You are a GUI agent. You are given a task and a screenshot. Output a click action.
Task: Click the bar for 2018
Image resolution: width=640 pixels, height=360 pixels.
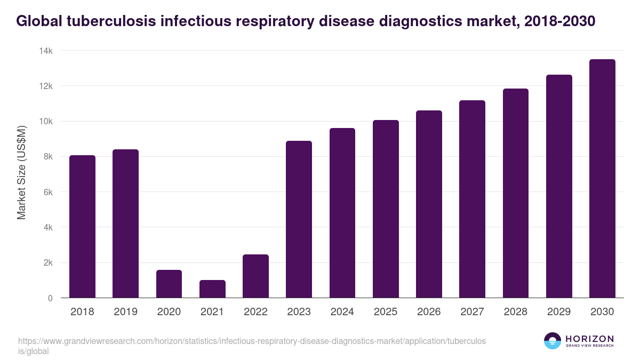(82, 227)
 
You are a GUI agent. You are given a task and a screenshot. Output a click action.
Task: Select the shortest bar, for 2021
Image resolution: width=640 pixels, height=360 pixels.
(212, 289)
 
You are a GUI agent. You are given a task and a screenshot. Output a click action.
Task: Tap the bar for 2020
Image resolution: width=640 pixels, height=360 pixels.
(169, 284)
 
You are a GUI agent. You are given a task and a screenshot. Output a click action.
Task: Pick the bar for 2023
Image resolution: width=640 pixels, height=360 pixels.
(299, 219)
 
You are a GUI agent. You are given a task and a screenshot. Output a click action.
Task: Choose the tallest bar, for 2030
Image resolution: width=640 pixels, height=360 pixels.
(602, 179)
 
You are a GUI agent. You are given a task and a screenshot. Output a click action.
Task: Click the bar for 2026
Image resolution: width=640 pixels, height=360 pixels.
(429, 204)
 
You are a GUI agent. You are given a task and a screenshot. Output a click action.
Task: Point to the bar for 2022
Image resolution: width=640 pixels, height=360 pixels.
(255, 276)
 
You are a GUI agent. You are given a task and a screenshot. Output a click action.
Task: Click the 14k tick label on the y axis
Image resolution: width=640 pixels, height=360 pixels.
(45, 51)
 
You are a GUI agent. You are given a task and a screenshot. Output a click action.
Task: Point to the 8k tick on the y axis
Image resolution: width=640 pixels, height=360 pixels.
(47, 157)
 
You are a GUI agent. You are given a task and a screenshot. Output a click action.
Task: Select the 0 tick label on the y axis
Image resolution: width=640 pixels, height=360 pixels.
(50, 298)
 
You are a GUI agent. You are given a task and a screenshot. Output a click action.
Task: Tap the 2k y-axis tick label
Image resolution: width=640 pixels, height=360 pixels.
(47, 263)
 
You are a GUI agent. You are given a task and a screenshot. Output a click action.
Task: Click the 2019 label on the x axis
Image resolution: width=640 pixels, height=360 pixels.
(125, 312)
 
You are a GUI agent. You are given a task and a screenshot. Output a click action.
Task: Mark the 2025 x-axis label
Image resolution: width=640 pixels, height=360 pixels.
(386, 312)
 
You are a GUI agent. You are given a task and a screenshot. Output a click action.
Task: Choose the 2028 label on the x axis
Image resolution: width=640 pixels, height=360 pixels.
(515, 312)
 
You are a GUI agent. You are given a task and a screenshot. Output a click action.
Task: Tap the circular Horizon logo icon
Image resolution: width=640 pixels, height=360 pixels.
(553, 341)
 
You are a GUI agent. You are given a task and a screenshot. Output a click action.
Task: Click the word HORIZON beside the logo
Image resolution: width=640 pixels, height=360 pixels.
(589, 339)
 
